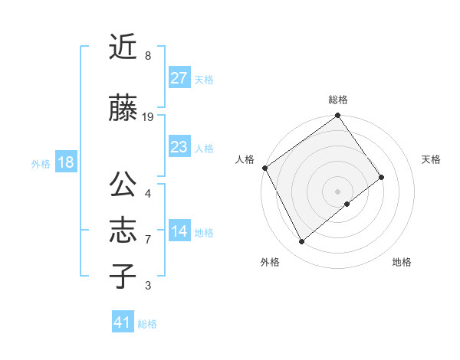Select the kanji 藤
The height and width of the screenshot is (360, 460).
pos(123,109)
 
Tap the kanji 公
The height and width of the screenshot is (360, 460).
pos(123,186)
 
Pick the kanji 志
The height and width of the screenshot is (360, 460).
pos(123,231)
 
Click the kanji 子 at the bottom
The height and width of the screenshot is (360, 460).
pos(123,276)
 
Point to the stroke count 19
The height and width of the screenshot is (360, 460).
pos(148,116)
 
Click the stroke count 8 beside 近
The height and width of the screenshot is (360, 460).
pos(148,55)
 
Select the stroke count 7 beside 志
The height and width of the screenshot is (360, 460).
pos(148,240)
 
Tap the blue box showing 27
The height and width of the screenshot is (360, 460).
pos(179,78)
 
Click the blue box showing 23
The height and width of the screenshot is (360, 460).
pos(179,147)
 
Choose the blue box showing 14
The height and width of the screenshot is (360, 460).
pos(179,232)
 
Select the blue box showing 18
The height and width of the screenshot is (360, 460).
pos(64,162)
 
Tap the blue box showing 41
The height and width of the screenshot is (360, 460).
pos(123,322)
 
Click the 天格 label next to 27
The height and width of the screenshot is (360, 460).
pos(204,80)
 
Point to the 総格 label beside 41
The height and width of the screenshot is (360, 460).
pos(147,324)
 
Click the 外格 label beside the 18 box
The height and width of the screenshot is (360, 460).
pos(41,163)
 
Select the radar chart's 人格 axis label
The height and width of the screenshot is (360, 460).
pos(245,159)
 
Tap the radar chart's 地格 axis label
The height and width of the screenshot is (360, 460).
pos(402,262)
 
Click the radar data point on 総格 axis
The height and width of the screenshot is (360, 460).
pos(337,116)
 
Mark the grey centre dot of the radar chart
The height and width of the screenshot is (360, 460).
pos(337,190)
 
